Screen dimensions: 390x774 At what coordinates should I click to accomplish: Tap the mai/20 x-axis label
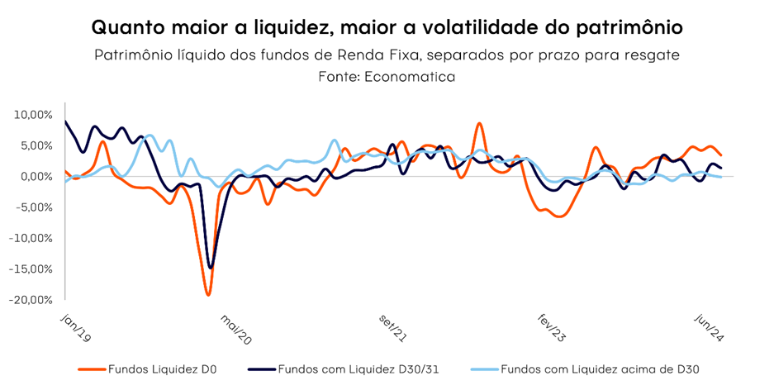coord(235,326)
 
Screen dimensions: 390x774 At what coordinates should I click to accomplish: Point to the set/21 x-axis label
coord(393,326)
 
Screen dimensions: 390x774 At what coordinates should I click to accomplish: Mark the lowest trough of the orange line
coord(208,294)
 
